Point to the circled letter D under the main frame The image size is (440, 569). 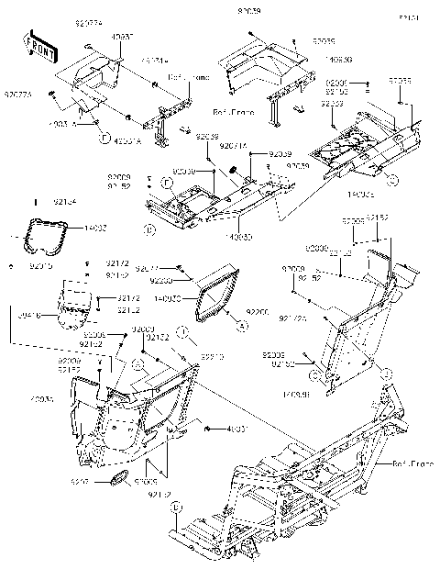(177, 506)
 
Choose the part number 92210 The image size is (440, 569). (213, 356)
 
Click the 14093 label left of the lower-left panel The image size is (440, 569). (41, 400)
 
